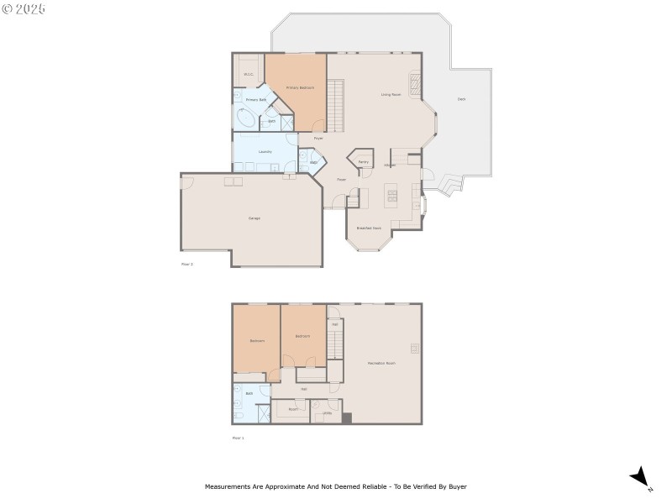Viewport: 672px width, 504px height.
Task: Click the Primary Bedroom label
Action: [299, 87]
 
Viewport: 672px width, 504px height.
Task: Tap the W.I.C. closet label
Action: [249, 75]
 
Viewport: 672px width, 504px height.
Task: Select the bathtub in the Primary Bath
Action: [247, 119]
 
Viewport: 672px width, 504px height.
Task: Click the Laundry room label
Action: [265, 152]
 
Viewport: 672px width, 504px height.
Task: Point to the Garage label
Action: [254, 218]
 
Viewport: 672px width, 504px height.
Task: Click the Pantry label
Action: [363, 162]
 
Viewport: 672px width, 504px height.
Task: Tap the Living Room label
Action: [391, 95]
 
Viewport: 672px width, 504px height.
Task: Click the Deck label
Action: [461, 99]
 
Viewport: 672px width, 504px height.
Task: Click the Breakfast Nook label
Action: [369, 228]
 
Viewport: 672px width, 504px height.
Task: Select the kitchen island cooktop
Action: [391, 197]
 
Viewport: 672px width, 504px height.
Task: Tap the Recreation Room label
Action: [381, 363]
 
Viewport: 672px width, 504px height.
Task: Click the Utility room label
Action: [327, 412]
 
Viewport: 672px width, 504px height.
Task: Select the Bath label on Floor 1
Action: [249, 393]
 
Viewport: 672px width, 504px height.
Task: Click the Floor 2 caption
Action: [187, 264]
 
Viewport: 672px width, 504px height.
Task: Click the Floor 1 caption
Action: [238, 438]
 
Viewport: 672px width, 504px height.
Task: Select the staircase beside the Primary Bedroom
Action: [335, 105]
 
